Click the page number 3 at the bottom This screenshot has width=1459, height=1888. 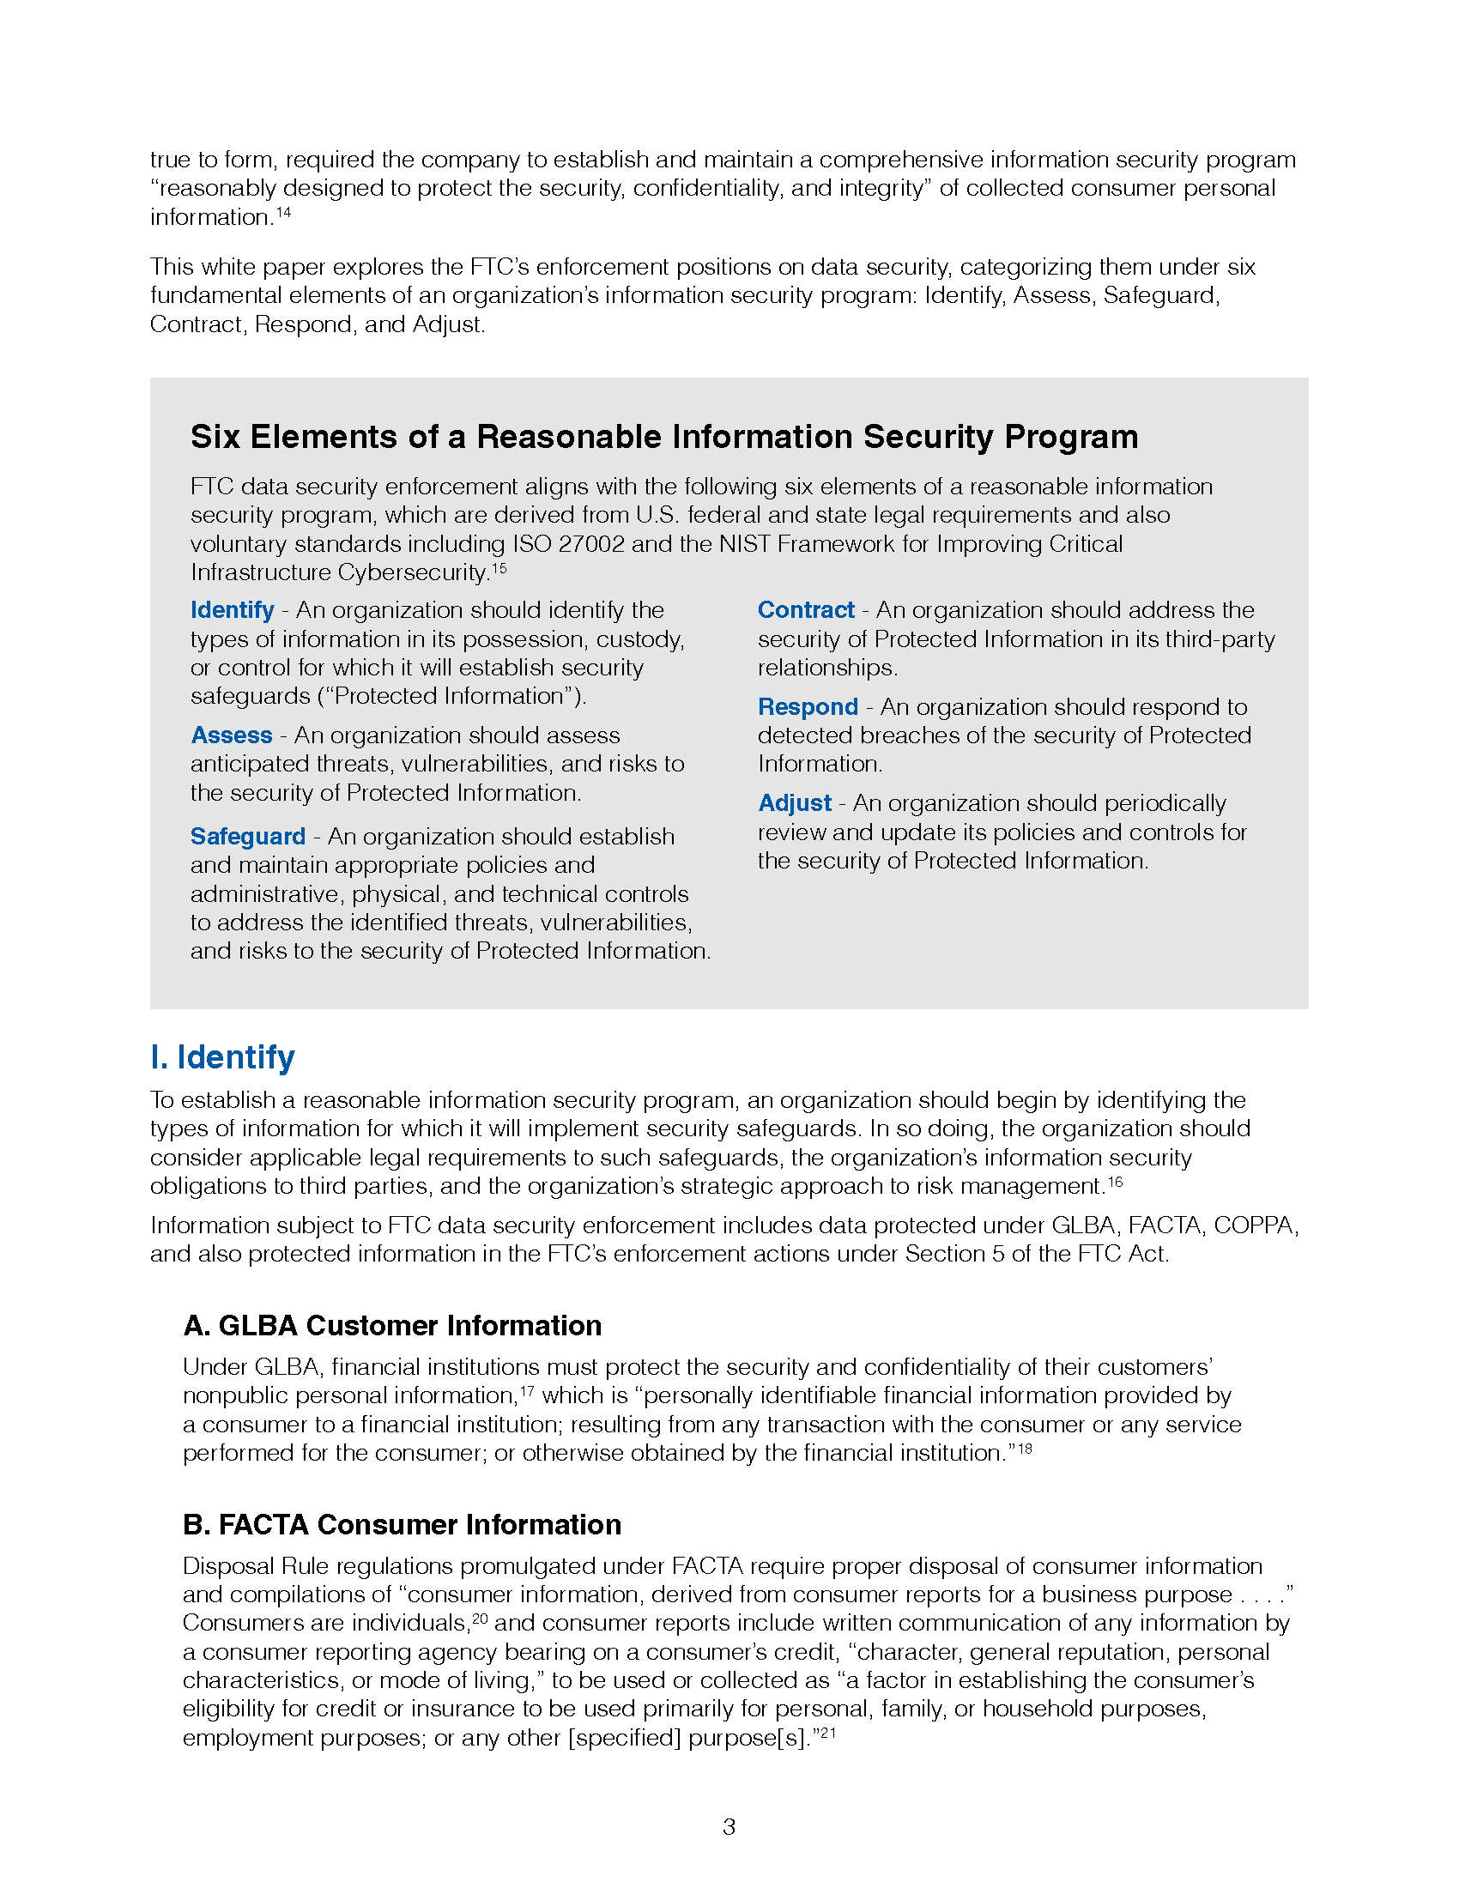coord(729,1826)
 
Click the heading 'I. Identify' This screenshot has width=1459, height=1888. coord(222,1056)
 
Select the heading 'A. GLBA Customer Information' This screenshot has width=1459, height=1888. coord(391,1325)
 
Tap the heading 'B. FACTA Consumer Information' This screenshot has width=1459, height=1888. coord(402,1524)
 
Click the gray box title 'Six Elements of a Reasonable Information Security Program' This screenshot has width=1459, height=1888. coord(663,437)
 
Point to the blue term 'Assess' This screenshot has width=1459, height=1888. coord(232,735)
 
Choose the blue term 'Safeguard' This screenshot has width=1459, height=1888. coord(248,836)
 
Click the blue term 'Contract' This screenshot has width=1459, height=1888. coord(806,609)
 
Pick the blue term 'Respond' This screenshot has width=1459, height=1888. coord(808,706)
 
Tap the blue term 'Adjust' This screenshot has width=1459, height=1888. coord(795,803)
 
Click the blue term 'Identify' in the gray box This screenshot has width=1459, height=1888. coord(232,609)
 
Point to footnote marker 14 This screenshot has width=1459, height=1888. coord(283,212)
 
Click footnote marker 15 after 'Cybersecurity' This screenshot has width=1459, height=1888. coord(499,568)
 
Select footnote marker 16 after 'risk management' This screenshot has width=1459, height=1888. coord(1115,1181)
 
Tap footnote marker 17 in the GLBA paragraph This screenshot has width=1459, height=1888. coord(526,1391)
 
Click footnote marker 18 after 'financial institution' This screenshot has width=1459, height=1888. coord(1024,1448)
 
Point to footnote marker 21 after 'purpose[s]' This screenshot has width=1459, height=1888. coord(828,1733)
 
